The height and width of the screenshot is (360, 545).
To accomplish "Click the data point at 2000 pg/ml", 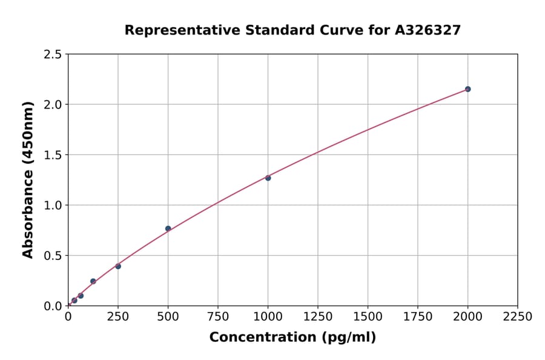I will [467, 89].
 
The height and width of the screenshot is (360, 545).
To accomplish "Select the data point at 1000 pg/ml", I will [268, 178].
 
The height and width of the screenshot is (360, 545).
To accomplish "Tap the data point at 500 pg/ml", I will [168, 228].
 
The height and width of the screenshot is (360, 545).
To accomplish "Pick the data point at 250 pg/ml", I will [118, 266].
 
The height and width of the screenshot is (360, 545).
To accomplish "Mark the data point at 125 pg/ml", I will [93, 281].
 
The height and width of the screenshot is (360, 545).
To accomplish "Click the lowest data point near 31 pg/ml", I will [74, 300].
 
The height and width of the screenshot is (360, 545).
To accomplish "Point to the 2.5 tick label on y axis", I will [53, 55].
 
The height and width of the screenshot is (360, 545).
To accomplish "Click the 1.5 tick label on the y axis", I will [53, 155].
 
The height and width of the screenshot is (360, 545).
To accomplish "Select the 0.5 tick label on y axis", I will [53, 256].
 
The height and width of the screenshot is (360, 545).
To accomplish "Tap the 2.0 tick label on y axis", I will [53, 105].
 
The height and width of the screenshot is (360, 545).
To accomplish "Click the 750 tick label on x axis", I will [218, 317].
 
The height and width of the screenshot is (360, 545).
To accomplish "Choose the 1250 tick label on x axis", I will [318, 317].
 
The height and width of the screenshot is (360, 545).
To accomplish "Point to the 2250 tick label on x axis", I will [518, 317].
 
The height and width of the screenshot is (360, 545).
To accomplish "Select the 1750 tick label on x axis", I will [418, 317].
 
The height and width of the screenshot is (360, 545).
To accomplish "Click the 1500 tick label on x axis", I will [368, 317].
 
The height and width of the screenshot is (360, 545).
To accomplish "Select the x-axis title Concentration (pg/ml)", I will [292, 338].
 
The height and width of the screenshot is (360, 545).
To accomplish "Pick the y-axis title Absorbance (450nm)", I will [28, 180].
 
